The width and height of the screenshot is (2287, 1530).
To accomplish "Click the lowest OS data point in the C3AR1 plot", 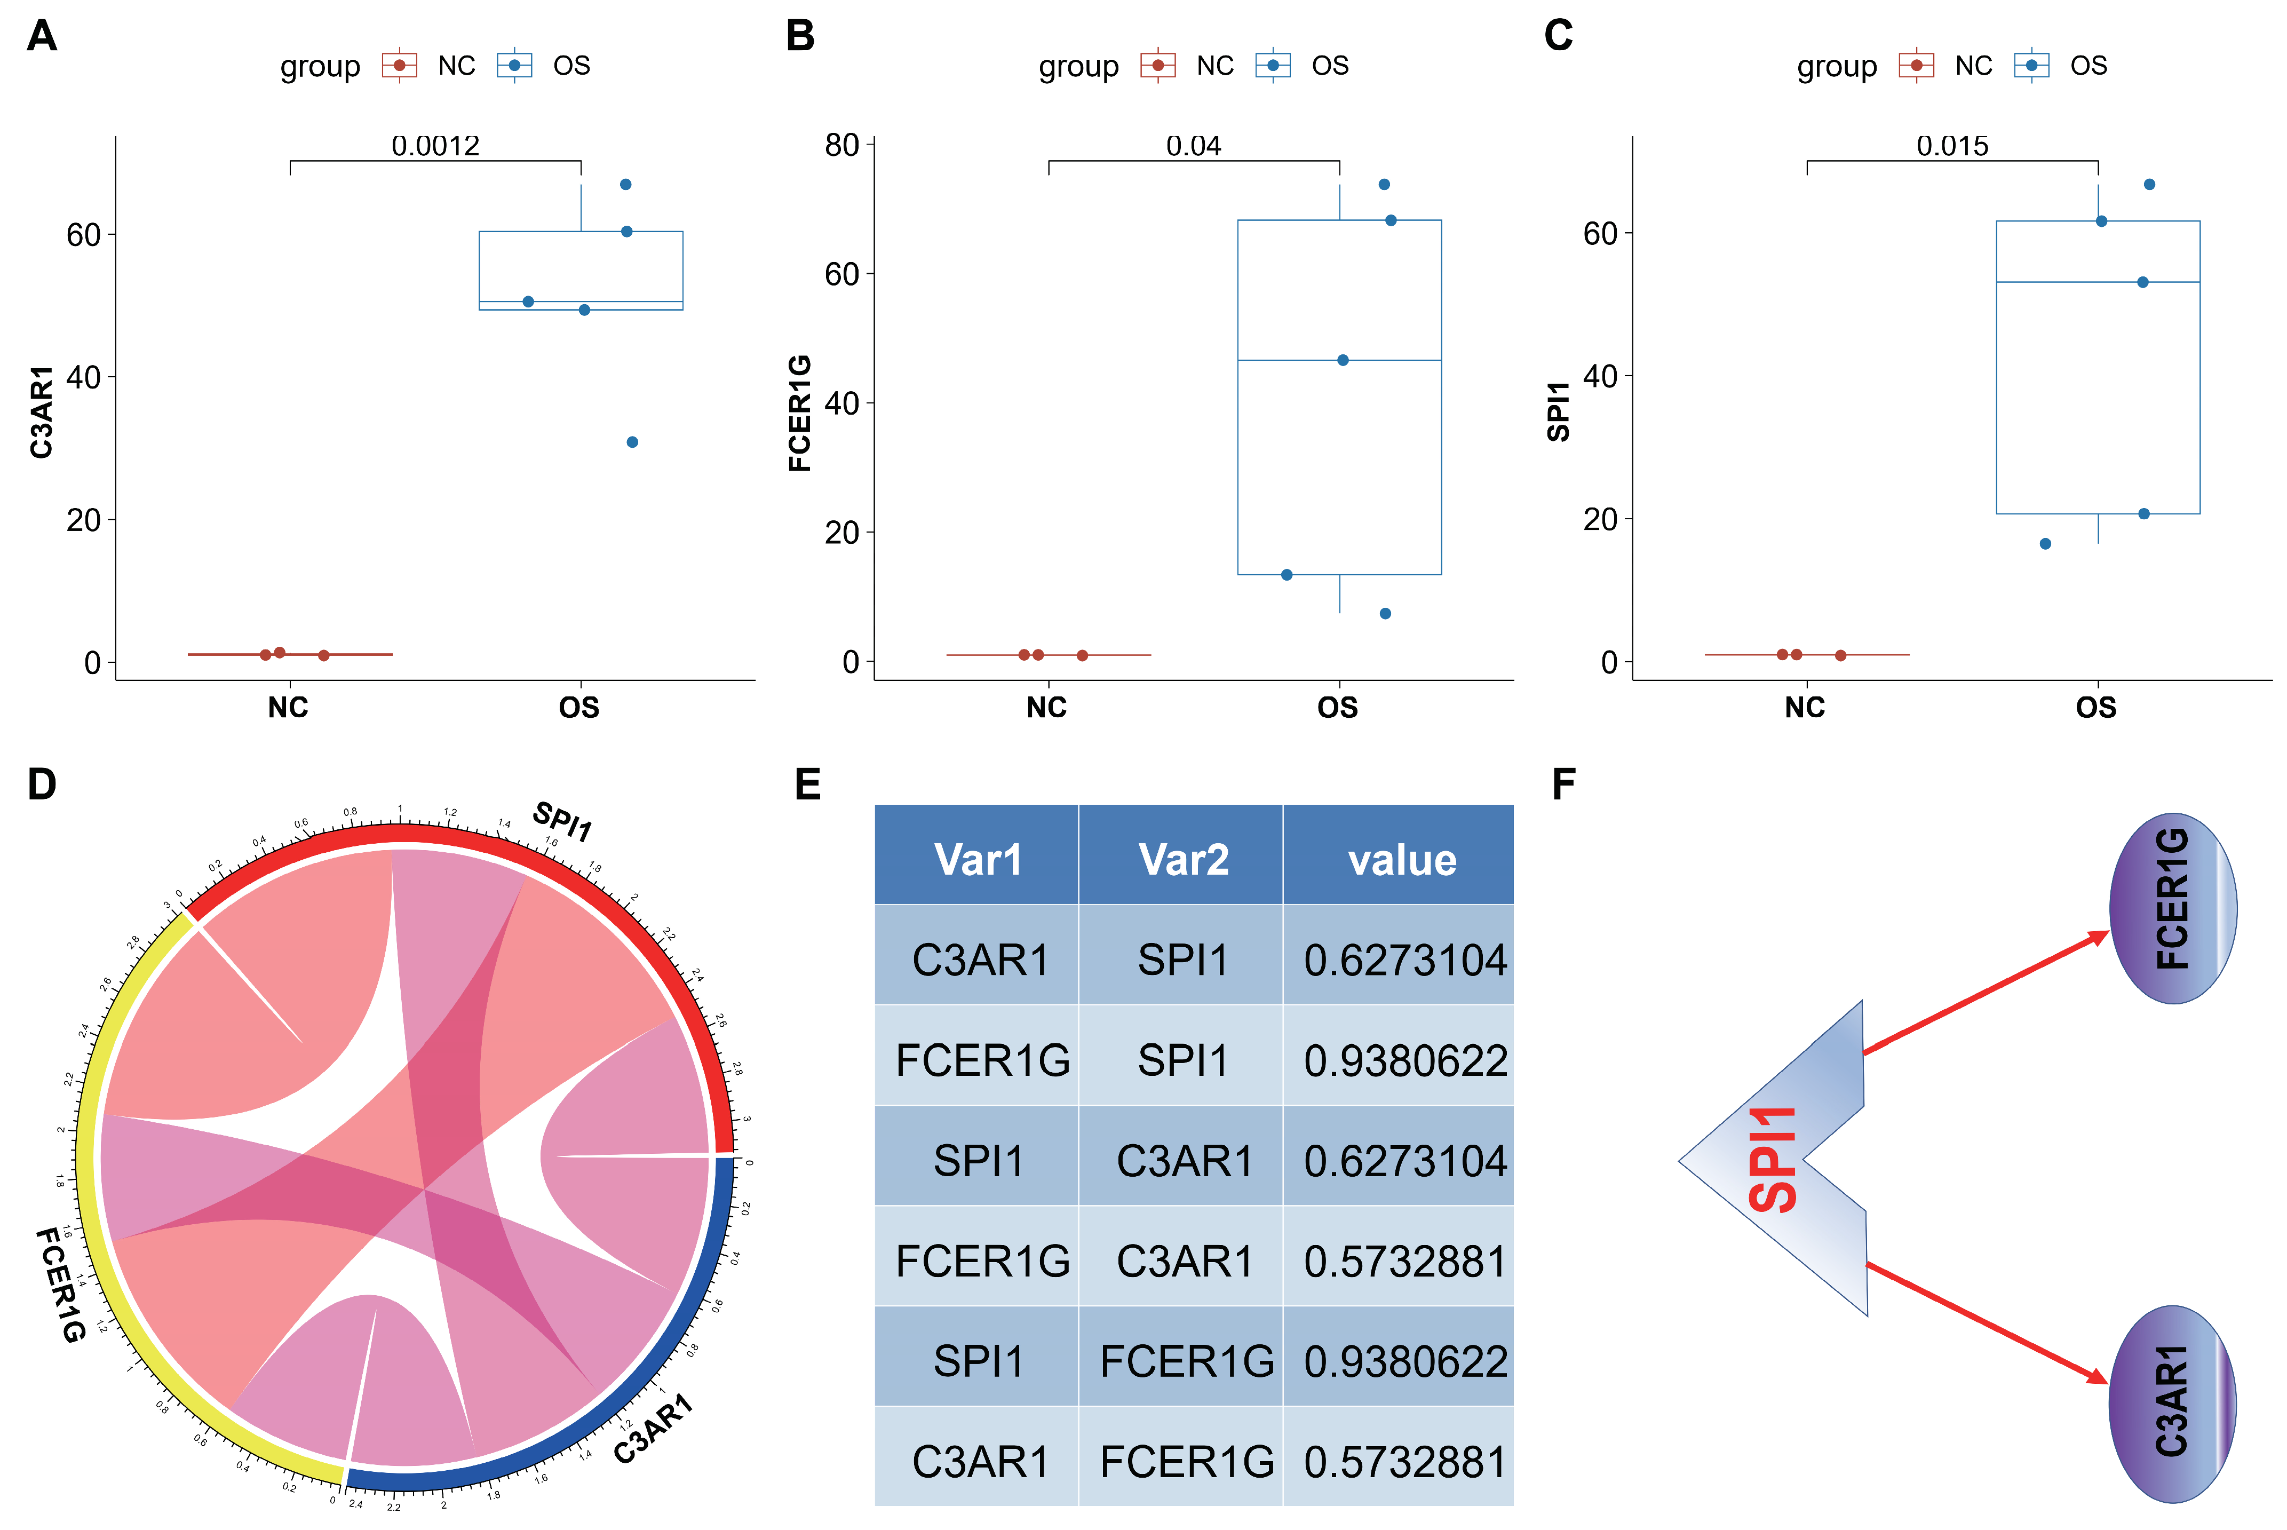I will coord(632,442).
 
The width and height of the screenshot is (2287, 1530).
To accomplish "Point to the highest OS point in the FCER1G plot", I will coord(1384,185).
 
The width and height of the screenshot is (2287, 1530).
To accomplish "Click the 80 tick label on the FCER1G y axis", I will coord(841,145).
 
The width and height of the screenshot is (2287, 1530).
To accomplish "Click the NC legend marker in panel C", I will coord(1916,66).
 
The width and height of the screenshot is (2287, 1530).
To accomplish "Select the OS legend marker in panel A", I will coord(514,66).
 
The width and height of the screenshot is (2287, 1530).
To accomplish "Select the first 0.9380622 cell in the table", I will coord(1405,1061).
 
